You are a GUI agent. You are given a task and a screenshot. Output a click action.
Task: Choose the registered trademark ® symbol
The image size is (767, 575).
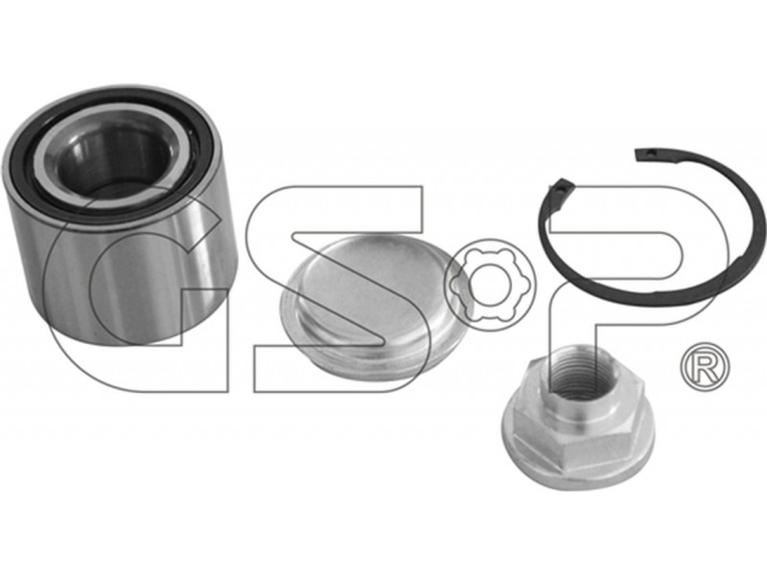705,367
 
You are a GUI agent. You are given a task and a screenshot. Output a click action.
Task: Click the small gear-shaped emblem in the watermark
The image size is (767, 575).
490,285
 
